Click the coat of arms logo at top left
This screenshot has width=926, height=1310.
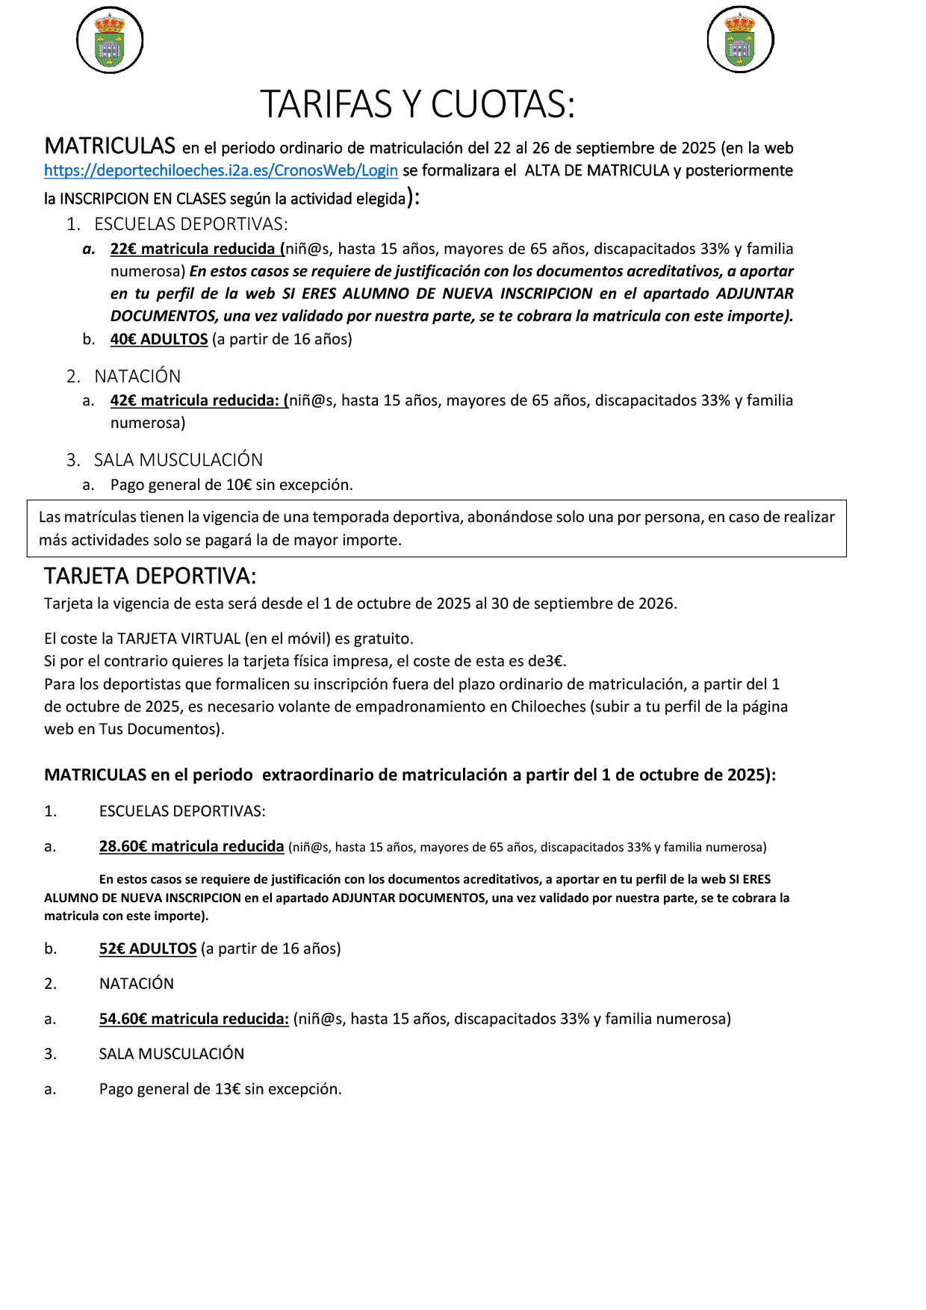[x=110, y=40]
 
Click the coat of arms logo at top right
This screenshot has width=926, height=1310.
[x=740, y=40]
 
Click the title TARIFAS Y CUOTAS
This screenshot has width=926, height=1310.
[x=417, y=105]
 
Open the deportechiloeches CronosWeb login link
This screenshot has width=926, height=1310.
[x=220, y=170]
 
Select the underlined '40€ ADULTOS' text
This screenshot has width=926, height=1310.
[x=159, y=339]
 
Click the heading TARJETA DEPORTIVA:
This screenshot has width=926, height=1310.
[x=150, y=576]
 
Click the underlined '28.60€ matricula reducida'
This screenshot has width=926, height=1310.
[x=191, y=846]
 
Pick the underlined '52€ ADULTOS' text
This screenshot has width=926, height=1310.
[x=148, y=949]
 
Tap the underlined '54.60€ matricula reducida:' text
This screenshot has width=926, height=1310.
[x=193, y=1019]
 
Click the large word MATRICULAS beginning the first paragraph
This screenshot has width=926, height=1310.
[x=110, y=146]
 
